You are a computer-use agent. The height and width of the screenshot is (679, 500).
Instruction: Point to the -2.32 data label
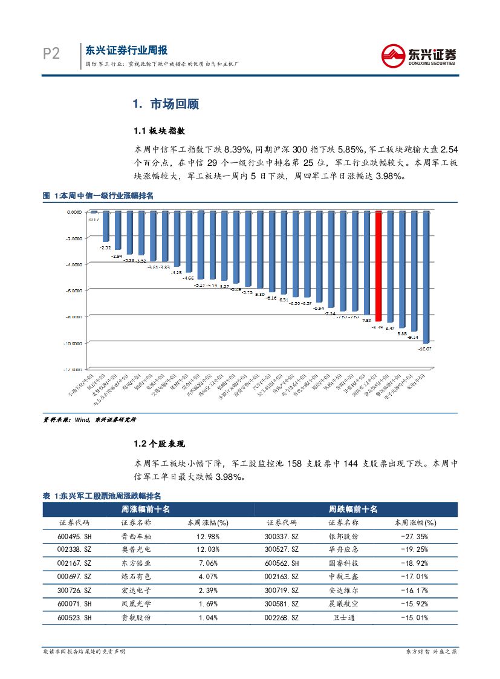[x=105, y=248]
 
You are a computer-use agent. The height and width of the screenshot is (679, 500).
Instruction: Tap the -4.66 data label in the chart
[x=189, y=278]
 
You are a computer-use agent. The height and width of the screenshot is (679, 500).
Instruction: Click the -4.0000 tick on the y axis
[x=74, y=264]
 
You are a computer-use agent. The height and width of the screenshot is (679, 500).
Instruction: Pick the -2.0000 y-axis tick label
[x=74, y=238]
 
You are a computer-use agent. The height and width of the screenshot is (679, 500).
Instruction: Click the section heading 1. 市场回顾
[x=166, y=104]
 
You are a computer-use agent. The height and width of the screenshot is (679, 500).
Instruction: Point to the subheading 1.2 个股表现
[x=159, y=444]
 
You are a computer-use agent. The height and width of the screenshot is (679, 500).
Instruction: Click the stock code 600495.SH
[x=74, y=536]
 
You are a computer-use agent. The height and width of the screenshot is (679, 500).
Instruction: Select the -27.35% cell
[x=414, y=536]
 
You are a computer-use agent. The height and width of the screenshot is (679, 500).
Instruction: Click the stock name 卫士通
[x=343, y=617]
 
